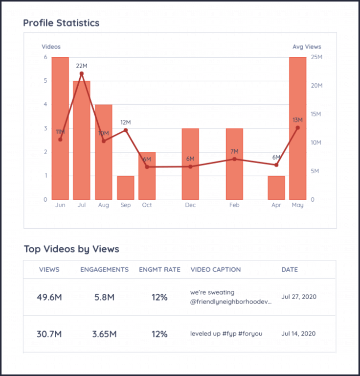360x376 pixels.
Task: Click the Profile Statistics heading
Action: point(61,23)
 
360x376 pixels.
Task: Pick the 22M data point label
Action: point(82,66)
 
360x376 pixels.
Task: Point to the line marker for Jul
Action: point(82,74)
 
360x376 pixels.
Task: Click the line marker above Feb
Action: point(234,159)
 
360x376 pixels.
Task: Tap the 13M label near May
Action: point(297,120)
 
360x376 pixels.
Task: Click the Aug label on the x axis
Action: point(103,205)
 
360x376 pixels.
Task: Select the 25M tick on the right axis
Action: point(316,57)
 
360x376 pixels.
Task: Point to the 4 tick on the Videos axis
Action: point(45,104)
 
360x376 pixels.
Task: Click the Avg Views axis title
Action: point(307,47)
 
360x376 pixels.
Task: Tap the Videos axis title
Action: point(51,47)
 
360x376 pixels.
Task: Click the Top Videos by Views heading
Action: point(71,249)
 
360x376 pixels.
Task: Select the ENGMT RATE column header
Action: point(159,269)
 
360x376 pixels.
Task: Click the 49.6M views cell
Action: point(49,297)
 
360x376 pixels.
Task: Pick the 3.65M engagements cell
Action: point(104,334)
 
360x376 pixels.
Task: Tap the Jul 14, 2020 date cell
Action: point(298,334)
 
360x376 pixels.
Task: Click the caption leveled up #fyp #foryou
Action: point(226,334)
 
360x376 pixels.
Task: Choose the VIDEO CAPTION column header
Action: point(215,269)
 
